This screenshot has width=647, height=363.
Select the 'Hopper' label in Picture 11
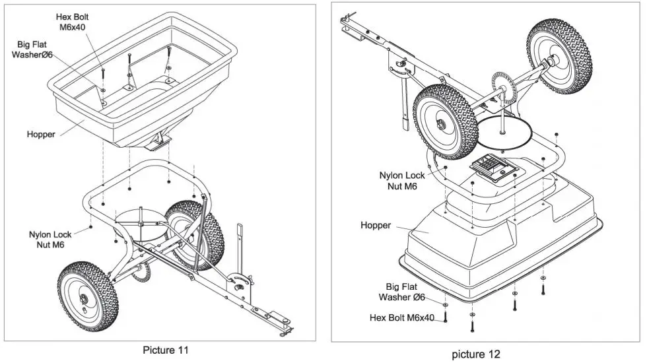click(x=41, y=134)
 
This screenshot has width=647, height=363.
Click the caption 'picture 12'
click(x=476, y=354)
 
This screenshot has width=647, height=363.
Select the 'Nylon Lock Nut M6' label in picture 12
click(x=402, y=181)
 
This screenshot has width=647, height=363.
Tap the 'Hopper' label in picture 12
click(x=376, y=226)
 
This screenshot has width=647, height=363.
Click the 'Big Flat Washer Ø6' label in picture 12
click(x=409, y=292)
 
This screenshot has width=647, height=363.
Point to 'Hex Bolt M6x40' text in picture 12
click(x=401, y=318)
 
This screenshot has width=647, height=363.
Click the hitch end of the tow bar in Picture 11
click(x=286, y=325)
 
